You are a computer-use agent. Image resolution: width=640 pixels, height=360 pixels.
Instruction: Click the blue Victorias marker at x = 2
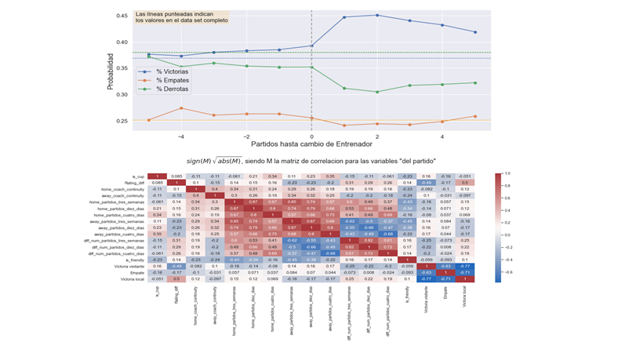pyautogui.click(x=377, y=15)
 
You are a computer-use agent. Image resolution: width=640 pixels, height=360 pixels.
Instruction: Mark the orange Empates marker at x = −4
pyautogui.click(x=181, y=108)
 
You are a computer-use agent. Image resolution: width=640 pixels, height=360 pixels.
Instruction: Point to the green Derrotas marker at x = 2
pyautogui.click(x=377, y=92)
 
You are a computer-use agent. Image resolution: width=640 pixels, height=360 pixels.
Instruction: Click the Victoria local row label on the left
pyautogui.click(x=129, y=278)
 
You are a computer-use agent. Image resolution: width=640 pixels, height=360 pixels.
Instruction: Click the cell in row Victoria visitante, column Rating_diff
pyautogui.click(x=177, y=264)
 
